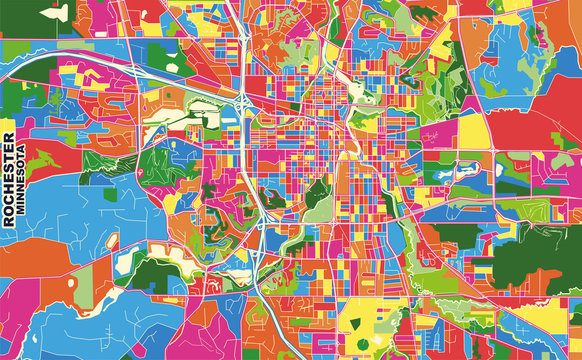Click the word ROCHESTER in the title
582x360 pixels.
tap(9, 180)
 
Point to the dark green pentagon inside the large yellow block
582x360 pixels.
tap(384, 322)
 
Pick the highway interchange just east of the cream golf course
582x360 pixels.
tap(244, 105)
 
